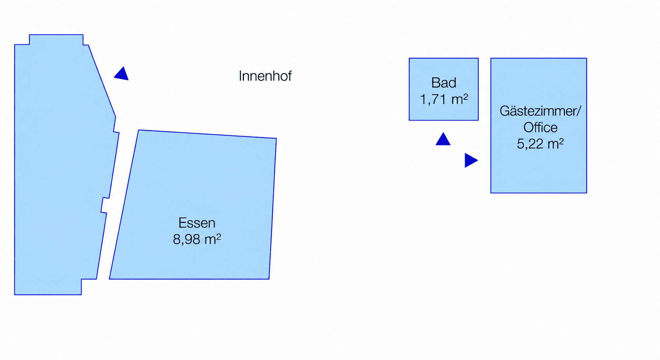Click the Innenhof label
pos(265,76)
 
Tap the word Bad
pos(444,83)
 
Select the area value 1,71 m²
pos(444,99)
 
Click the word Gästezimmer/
pos(540,111)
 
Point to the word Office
pos(540,128)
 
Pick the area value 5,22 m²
pos(540,144)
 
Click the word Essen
pos(197,223)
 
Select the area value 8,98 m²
pos(197,239)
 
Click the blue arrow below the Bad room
pos(443,139)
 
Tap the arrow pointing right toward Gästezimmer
pos(471,160)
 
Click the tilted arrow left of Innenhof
pos(122,74)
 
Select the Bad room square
pos(444,89)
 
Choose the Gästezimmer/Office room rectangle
pos(539,126)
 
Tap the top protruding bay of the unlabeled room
pos(56,40)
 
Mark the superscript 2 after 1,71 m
pos(466,97)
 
